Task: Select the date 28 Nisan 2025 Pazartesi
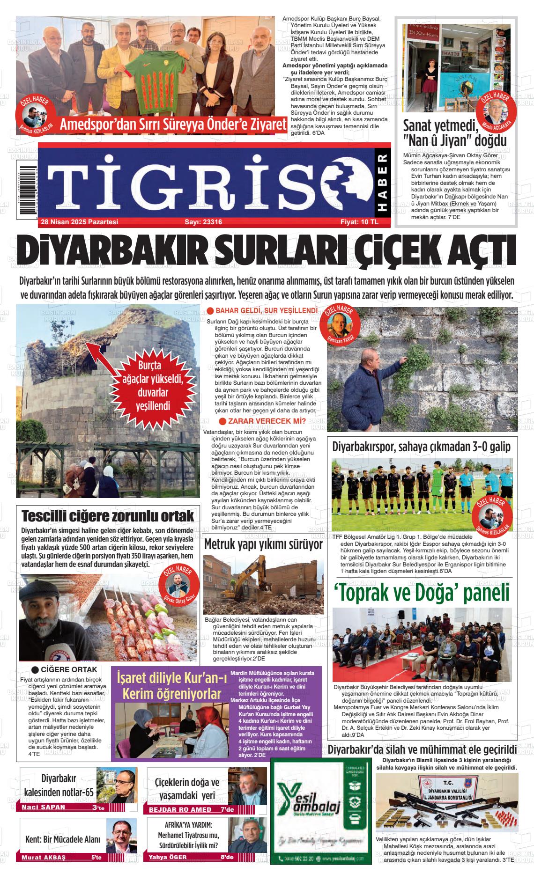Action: coord(79,222)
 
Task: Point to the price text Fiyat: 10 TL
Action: coord(359,222)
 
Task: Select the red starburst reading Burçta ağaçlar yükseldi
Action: coord(153,385)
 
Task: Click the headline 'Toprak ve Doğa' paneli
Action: coord(422,593)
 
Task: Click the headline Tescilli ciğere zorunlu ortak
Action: coord(108,516)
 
